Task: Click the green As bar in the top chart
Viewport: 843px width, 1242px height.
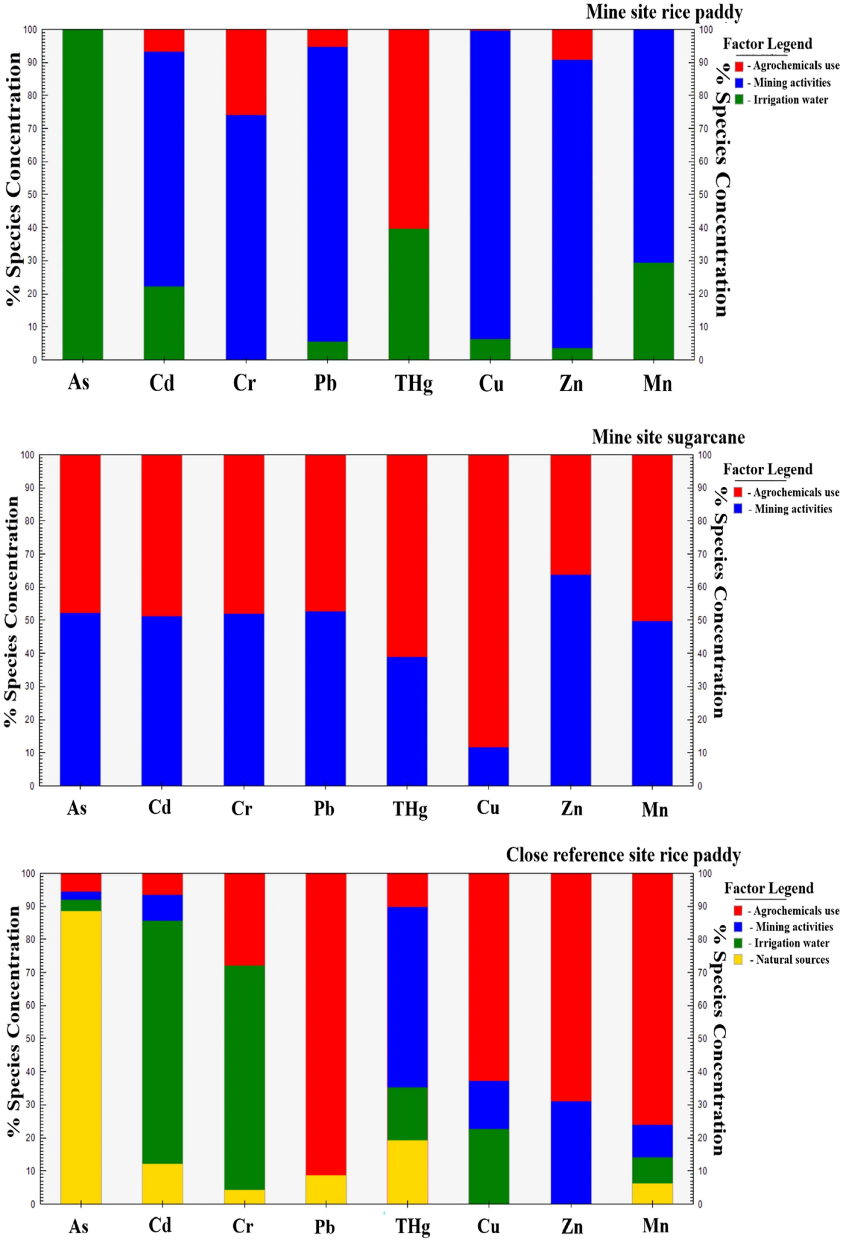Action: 83,194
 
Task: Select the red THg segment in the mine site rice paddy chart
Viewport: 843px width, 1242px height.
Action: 409,129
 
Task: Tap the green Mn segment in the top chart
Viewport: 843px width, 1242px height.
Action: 653,311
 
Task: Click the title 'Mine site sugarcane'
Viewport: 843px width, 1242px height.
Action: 668,437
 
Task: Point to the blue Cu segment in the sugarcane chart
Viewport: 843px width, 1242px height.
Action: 488,766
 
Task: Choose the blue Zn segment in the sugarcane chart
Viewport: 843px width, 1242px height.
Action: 570,680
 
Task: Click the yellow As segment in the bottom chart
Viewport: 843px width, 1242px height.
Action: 81,1057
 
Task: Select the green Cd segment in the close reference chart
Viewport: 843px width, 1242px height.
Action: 162,1042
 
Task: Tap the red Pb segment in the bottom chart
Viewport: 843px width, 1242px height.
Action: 326,1024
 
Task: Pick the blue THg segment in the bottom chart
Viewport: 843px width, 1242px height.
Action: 407,997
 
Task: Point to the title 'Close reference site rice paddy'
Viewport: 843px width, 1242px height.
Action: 623,855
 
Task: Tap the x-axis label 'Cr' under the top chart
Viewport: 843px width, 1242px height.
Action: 244,382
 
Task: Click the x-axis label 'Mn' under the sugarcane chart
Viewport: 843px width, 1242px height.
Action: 655,809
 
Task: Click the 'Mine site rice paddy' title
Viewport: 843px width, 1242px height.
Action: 664,12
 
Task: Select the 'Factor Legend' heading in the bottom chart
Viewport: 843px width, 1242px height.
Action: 768,888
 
